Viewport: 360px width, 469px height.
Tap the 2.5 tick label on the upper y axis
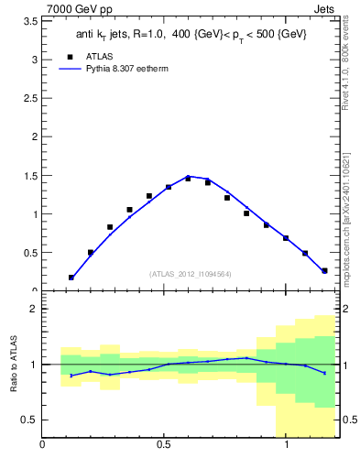pos(31,98)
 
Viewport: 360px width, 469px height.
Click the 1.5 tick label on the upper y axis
pos(31,176)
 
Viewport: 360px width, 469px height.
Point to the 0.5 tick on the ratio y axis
pos(30,420)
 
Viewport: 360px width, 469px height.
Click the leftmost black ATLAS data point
pos(71,277)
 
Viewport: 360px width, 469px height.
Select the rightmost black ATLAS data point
pos(324,270)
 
